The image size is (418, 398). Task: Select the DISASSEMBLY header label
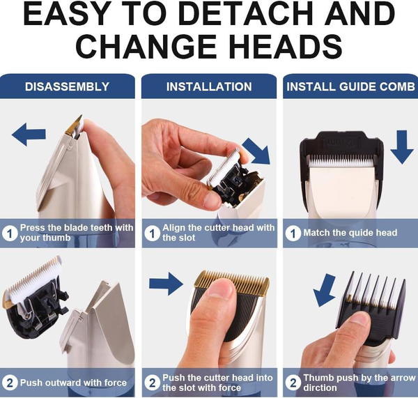(x=67, y=86)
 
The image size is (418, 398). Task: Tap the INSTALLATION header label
(x=209, y=86)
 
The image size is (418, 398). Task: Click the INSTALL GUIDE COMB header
(x=350, y=86)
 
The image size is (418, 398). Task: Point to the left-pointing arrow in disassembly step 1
(x=29, y=135)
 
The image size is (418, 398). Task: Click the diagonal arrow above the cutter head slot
(x=256, y=151)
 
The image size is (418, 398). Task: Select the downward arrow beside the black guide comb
(x=402, y=147)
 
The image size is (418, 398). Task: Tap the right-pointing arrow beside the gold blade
(x=166, y=284)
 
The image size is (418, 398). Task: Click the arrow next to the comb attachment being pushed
(x=324, y=290)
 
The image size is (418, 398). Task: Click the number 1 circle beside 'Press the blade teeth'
(x=10, y=234)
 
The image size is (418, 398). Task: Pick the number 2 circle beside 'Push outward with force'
(x=10, y=383)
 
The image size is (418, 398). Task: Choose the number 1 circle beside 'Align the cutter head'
(x=152, y=234)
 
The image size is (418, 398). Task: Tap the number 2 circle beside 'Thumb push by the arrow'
(x=293, y=383)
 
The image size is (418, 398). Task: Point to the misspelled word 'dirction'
(x=320, y=388)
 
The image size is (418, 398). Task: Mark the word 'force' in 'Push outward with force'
(x=115, y=383)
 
